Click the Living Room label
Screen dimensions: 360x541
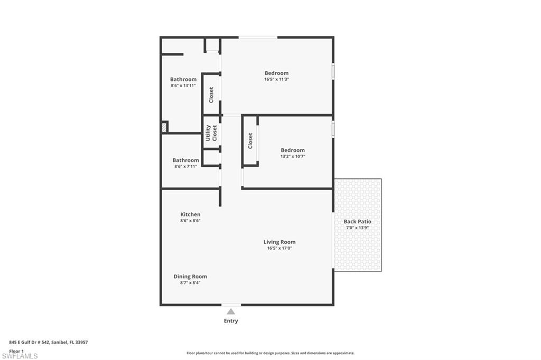279,242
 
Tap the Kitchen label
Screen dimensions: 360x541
190,214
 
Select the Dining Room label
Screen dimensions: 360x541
190,276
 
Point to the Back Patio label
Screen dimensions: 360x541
357,222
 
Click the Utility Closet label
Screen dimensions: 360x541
211,132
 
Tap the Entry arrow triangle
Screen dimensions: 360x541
231,311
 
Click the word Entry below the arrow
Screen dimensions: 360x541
231,321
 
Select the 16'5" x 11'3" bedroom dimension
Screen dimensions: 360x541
276,79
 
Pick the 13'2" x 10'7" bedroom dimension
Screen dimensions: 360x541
292,156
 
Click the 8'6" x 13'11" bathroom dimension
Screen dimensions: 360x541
183,86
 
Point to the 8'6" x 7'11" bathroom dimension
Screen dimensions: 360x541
185,166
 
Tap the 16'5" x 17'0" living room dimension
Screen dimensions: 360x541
279,248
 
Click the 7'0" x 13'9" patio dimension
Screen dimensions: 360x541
357,228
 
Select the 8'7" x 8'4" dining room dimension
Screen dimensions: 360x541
190,282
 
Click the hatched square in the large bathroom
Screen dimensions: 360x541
165,127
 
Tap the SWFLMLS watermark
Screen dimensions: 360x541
20,356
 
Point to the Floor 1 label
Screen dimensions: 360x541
16,350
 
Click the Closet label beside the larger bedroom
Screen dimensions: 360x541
211,94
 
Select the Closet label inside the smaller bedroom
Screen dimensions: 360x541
250,140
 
